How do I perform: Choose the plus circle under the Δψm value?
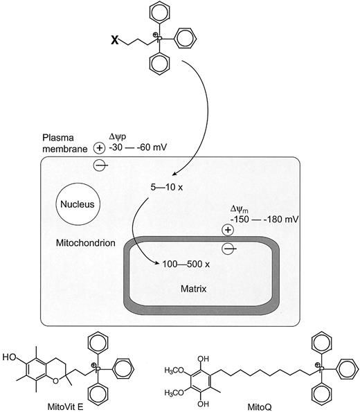228,231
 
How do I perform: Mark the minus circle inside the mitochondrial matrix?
228,247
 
